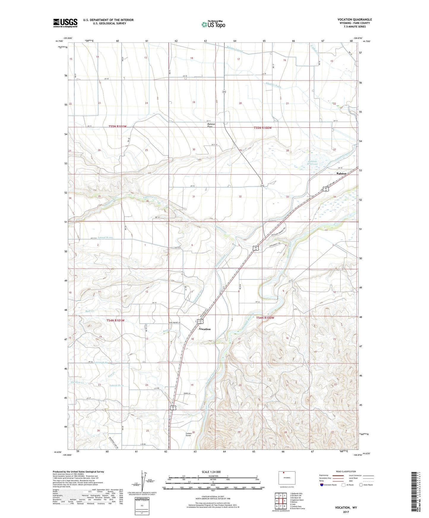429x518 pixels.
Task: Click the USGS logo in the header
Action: point(65,23)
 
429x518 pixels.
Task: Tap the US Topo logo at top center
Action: point(213,24)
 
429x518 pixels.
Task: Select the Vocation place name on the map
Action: point(205,329)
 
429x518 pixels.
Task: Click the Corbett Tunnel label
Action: point(189,434)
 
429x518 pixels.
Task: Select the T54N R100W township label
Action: point(265,318)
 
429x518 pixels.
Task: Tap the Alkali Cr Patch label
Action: point(273,85)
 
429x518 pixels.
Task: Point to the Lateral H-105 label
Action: point(105,238)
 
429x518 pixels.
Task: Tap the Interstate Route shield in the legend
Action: point(322,485)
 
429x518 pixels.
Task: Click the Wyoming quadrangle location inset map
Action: point(286,478)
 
